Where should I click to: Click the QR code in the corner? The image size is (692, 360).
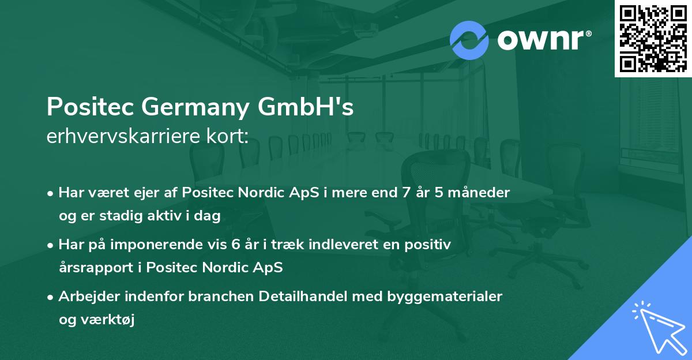point(653,39)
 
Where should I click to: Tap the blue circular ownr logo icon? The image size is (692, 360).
point(469,40)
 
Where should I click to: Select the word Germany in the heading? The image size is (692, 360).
point(191,107)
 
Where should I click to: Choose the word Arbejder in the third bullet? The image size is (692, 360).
point(86,297)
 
